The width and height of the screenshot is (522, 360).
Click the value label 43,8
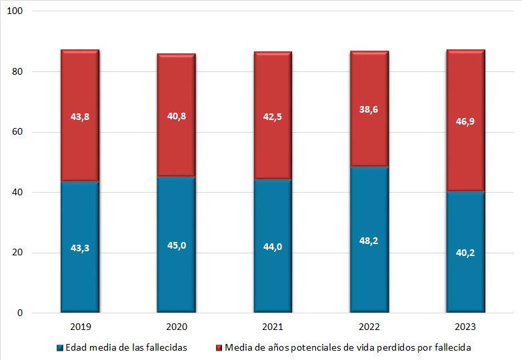(x=80, y=116)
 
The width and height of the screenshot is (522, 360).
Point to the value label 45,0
(x=176, y=245)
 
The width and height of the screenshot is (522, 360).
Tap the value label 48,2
(x=369, y=240)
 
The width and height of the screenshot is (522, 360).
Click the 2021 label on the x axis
(x=273, y=327)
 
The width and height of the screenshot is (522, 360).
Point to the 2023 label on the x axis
(x=465, y=327)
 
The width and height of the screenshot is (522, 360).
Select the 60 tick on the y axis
(x=19, y=132)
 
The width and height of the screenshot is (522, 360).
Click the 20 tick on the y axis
(x=19, y=253)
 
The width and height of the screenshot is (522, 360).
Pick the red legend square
(x=220, y=347)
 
